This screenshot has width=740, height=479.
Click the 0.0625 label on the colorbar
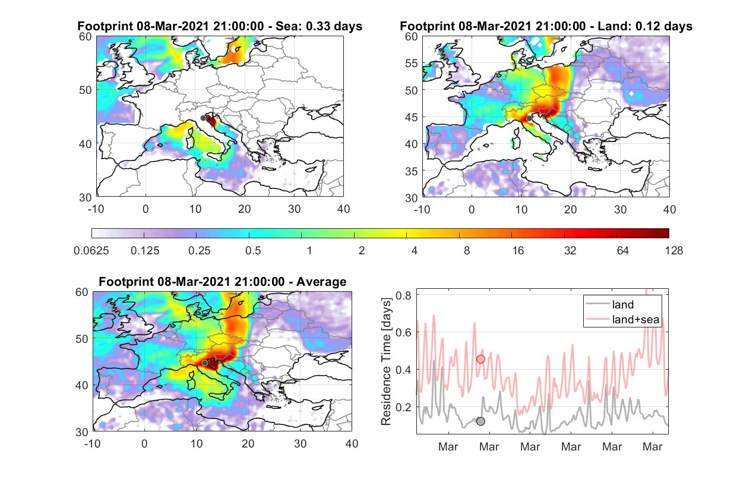pos(91,251)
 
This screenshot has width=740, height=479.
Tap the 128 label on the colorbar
pos(673,251)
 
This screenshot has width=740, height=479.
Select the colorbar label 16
pos(518,251)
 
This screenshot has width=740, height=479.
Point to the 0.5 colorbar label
pos(253,251)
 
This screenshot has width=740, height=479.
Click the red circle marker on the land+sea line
pos(480,359)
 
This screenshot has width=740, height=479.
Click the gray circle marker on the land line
pos(480,421)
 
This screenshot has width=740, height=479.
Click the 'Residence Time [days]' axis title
pos(386,361)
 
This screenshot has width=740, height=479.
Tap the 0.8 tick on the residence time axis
pos(403,295)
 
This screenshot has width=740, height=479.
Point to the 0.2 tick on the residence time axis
pos(403,407)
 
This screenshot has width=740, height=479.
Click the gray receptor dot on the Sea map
pos(203,118)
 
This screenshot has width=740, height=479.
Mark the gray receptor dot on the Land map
pos(529,118)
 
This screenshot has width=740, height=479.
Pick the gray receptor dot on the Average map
pos(205,363)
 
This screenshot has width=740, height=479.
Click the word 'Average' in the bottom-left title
pos(321,282)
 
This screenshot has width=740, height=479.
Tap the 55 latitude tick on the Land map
pos(411,63)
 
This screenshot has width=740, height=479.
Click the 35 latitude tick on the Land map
pos(411,171)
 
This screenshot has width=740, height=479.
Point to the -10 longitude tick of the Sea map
pos(96,209)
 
